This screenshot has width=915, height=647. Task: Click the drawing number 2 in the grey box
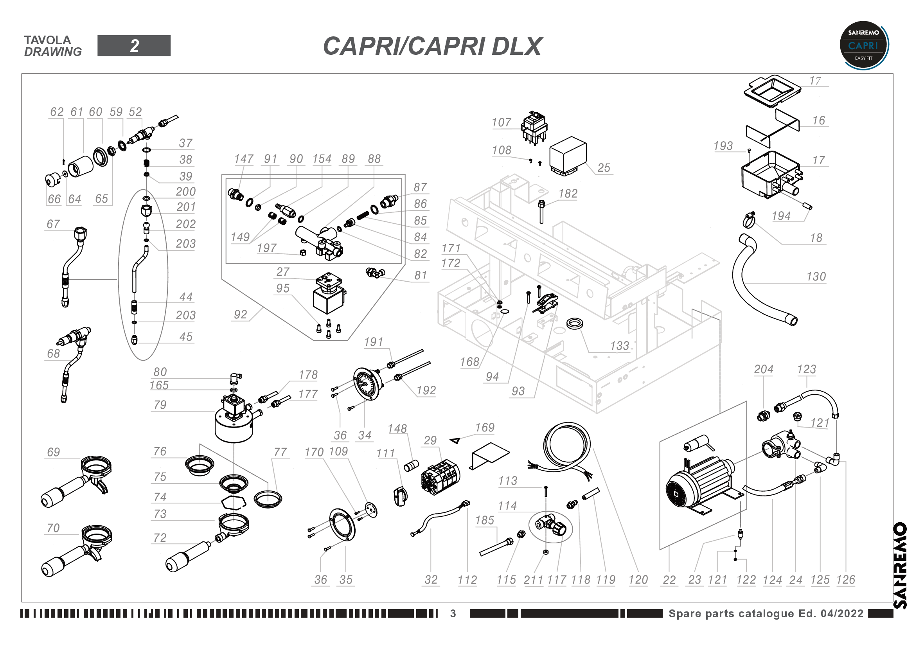click(134, 46)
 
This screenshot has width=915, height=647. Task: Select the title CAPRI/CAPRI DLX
click(432, 46)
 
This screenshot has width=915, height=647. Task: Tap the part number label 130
click(816, 277)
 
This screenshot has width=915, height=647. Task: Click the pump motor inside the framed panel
click(699, 482)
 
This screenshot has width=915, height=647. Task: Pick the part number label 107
click(501, 122)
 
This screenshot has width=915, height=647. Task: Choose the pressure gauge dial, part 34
click(366, 384)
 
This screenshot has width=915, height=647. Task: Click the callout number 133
click(619, 346)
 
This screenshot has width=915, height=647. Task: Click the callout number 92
click(240, 315)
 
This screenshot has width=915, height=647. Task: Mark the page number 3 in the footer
click(453, 613)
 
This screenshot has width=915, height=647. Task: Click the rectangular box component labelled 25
click(568, 155)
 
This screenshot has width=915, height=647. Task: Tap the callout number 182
click(568, 194)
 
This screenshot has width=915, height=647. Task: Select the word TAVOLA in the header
click(47, 40)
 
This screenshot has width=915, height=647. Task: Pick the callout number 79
click(160, 405)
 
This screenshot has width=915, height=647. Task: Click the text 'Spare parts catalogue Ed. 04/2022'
click(766, 613)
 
